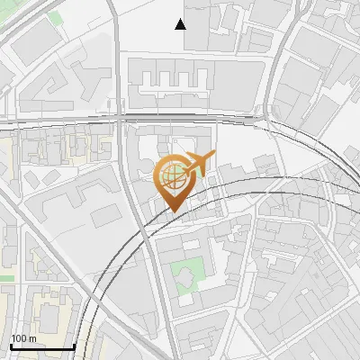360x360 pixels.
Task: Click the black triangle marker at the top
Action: [x=181, y=24]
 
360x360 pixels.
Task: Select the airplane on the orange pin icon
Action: [x=200, y=163]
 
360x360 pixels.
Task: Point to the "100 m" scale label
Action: [x=24, y=338]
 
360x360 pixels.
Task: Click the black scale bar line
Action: [x=42, y=347]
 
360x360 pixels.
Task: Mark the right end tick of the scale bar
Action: [x=74, y=346]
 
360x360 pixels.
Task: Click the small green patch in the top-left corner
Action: [x=56, y=17]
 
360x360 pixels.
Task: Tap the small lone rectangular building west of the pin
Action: [x=105, y=214]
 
